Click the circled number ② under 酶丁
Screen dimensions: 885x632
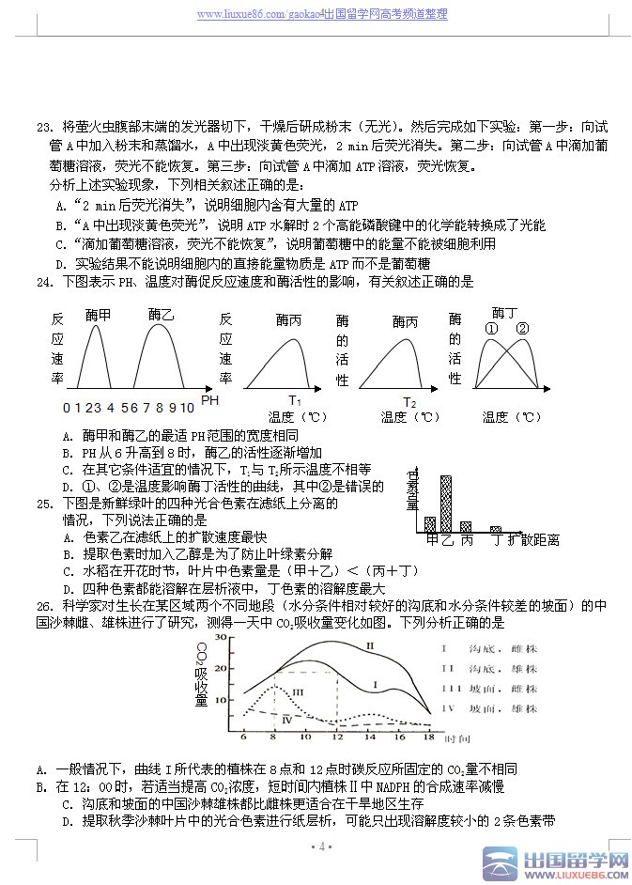523,328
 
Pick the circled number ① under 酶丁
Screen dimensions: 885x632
491,328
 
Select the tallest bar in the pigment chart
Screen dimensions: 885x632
446,503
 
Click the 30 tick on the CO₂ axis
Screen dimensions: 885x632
222,637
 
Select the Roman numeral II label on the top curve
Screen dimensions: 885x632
370,645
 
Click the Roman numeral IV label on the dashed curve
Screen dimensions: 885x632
287,719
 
